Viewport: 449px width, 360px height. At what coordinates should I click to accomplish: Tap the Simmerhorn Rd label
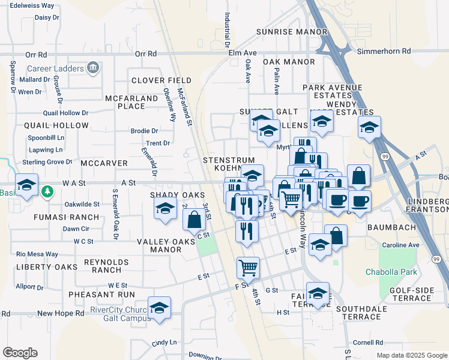384,52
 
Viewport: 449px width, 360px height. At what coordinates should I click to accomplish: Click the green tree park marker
47,192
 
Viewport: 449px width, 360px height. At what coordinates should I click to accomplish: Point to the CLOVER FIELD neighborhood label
161,80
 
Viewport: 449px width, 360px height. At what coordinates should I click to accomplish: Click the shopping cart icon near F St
248,267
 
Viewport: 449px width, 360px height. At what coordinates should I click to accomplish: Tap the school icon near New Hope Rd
159,308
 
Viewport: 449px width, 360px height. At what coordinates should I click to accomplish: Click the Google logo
20,353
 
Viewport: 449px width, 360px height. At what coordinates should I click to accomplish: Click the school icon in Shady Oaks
164,208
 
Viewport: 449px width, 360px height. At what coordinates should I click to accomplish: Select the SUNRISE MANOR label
292,32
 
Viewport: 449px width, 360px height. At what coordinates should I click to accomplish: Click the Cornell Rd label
367,343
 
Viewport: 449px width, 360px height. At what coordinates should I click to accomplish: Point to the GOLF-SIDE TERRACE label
412,294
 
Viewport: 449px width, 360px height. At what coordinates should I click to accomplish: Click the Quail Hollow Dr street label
65,113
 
